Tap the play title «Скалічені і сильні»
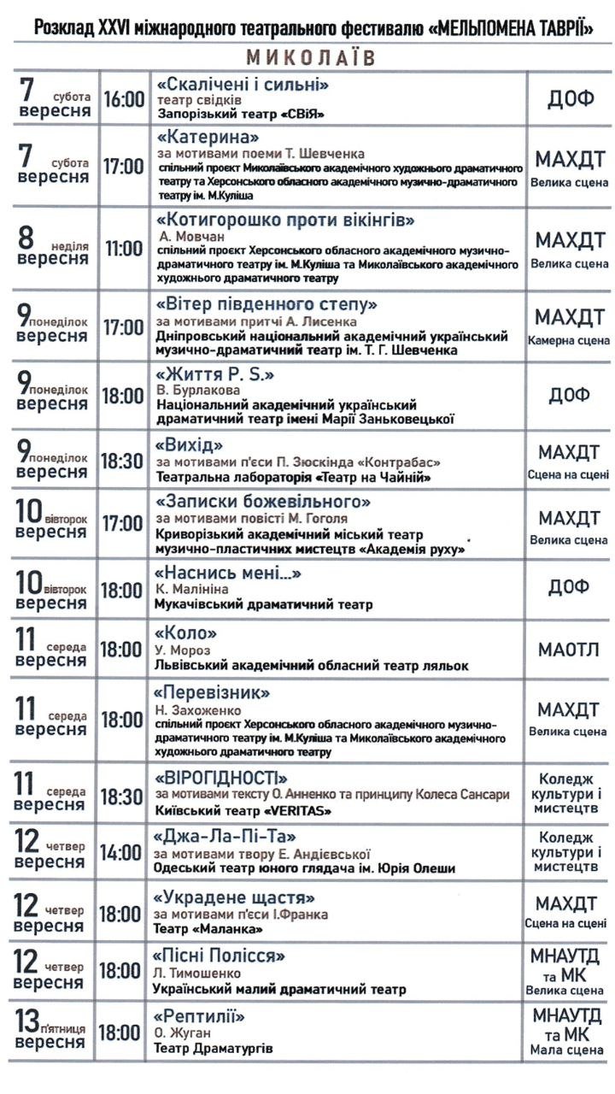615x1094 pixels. pos(243,84)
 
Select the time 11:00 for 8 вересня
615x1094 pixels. pos(124,249)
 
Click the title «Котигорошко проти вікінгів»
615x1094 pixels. pos(285,221)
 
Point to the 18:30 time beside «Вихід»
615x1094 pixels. pos(123,461)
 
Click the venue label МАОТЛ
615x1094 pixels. pos(568,650)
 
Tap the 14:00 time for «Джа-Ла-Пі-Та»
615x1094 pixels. pos(123,852)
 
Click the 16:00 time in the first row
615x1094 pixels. pos(124,99)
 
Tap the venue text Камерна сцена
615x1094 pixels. pos(569,340)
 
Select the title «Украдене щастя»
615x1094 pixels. pos(234,898)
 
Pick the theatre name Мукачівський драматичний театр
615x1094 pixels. pos(263,605)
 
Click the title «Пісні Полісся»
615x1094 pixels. pos(219,956)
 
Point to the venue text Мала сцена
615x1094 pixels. pos(568,1050)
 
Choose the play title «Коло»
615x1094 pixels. pos(184,633)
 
